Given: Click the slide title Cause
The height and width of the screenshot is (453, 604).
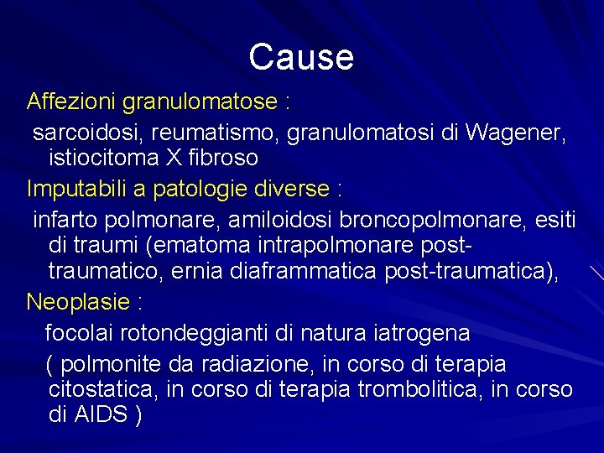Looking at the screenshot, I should point(301,58).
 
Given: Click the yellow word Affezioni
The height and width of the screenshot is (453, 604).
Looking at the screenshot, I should point(71,102).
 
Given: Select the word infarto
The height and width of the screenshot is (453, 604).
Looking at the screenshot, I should point(66,220).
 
